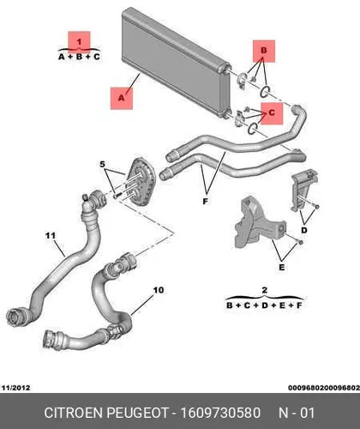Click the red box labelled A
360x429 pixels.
click(x=122, y=99)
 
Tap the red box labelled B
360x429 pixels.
click(x=264, y=51)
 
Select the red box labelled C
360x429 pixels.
click(x=272, y=113)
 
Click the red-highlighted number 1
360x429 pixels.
click(x=79, y=42)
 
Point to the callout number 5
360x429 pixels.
click(x=103, y=165)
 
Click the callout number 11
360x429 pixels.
click(x=51, y=236)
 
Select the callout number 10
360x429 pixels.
click(x=159, y=290)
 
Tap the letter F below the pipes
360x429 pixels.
click(x=205, y=202)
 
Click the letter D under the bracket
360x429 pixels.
click(x=304, y=230)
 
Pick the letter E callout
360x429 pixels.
click(x=282, y=268)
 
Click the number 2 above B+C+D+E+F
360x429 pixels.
click(x=265, y=290)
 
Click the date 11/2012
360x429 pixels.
click(x=15, y=388)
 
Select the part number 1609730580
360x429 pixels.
click(x=220, y=413)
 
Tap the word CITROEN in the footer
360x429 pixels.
click(x=74, y=413)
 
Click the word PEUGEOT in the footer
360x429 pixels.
click(x=137, y=413)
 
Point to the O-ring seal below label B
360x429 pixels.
click(x=265, y=92)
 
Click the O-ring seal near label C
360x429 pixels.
click(x=253, y=129)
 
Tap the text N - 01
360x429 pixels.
click(x=297, y=413)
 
